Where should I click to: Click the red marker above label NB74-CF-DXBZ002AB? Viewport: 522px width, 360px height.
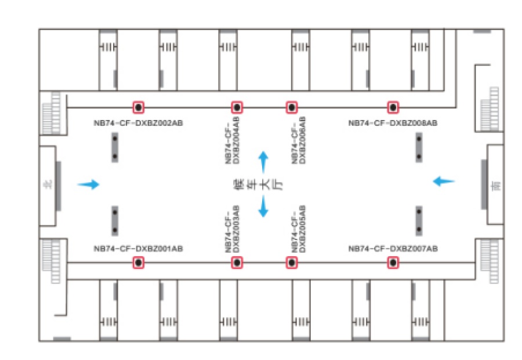click(x=139, y=107)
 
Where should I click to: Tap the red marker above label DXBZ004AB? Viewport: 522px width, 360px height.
click(x=237, y=107)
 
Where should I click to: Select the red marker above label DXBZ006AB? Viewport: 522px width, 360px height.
click(x=291, y=107)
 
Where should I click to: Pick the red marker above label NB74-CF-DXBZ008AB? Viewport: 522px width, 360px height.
click(x=393, y=107)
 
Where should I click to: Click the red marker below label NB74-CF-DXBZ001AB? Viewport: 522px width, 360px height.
click(x=139, y=263)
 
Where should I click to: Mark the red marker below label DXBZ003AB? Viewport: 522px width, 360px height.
click(x=237, y=263)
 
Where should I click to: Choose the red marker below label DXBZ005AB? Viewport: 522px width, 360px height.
click(x=291, y=263)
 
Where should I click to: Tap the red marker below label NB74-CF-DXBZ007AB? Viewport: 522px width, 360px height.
click(x=393, y=263)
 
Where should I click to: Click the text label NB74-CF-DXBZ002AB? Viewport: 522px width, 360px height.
click(x=139, y=123)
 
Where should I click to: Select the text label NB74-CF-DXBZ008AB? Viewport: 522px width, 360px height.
click(x=393, y=123)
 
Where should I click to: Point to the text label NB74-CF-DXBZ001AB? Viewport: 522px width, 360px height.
click(x=139, y=249)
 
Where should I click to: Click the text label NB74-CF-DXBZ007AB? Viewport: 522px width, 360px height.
click(x=393, y=249)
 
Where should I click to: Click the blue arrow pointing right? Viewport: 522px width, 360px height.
click(x=89, y=184)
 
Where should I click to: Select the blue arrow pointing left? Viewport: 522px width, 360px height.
click(x=444, y=181)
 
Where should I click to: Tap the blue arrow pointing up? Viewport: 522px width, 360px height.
click(x=263, y=161)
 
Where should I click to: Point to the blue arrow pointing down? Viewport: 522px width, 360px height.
click(x=263, y=207)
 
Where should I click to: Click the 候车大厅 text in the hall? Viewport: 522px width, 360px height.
click(x=244, y=184)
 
